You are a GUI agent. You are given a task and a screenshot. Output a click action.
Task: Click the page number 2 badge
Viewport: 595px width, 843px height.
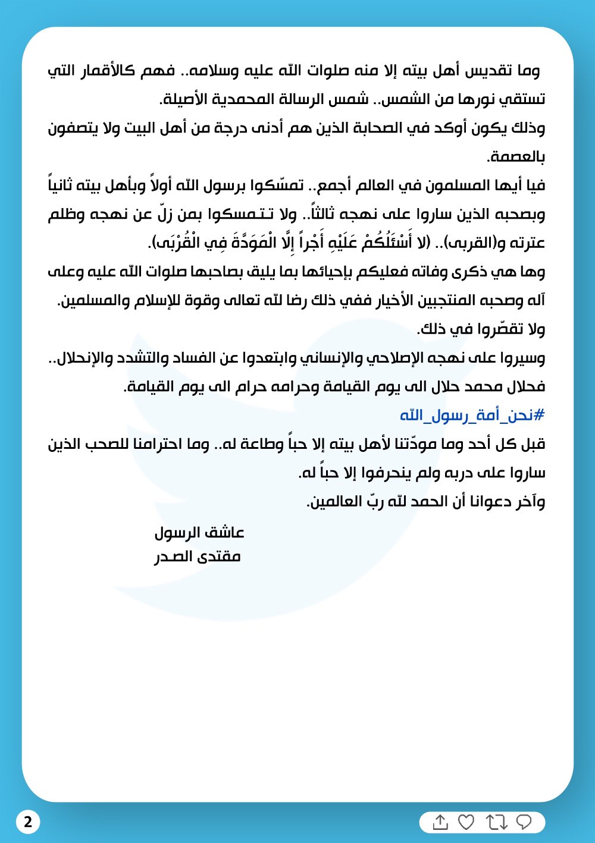click(x=28, y=823)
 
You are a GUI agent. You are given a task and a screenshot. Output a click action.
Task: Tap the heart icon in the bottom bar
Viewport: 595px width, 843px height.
click(x=466, y=822)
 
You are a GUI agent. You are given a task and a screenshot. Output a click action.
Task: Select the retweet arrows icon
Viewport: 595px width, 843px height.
click(x=496, y=822)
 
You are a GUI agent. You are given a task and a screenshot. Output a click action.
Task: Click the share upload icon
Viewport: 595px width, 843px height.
click(x=440, y=822)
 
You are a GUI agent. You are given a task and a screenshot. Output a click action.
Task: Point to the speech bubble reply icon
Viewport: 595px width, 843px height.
click(x=524, y=822)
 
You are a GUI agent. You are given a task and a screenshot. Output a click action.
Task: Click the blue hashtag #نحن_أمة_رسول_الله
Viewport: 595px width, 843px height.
click(x=472, y=415)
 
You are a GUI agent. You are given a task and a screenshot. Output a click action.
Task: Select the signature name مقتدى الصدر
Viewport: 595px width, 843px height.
click(x=198, y=557)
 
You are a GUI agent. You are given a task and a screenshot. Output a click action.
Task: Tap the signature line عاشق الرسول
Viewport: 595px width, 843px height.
click(x=199, y=532)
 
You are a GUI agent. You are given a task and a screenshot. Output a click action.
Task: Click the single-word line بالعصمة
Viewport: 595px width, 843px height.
click(x=516, y=157)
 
